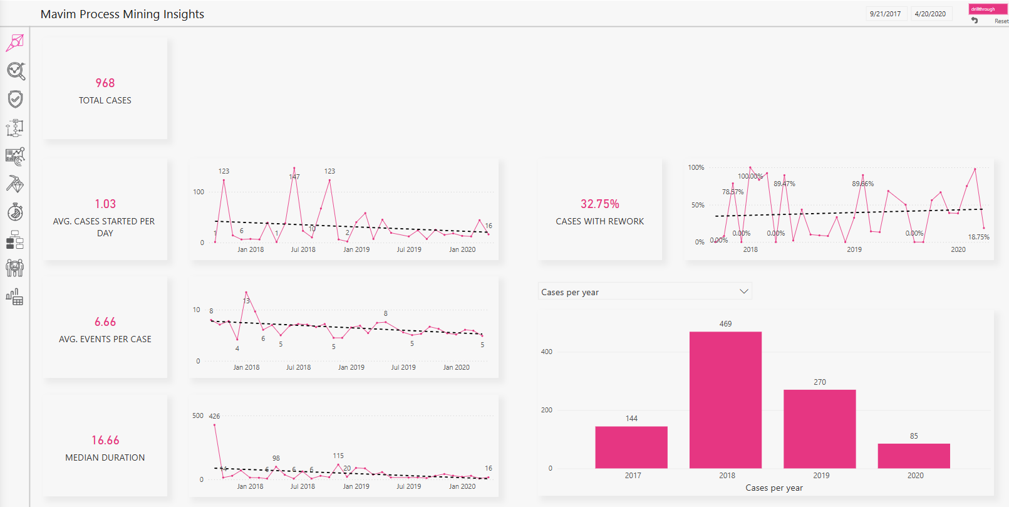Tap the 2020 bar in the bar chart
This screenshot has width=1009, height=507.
914,456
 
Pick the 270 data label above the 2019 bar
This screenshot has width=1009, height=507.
820,382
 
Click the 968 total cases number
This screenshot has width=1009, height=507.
105,83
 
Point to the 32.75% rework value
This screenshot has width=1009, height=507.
599,204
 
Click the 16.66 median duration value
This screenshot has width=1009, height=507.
105,440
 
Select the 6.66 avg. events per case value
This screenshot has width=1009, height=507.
105,321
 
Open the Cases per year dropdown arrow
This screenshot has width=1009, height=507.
743,291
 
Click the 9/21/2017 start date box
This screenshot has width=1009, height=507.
885,14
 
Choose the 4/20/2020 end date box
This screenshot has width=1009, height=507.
930,14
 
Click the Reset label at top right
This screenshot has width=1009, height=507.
1001,21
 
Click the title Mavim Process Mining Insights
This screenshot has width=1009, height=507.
122,14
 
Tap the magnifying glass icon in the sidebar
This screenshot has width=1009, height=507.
16,71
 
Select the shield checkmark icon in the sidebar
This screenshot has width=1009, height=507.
16,99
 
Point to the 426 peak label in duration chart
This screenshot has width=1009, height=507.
214,416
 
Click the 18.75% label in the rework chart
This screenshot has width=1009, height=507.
978,237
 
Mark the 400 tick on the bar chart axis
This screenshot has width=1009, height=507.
547,352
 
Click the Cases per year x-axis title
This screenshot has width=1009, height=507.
774,488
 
